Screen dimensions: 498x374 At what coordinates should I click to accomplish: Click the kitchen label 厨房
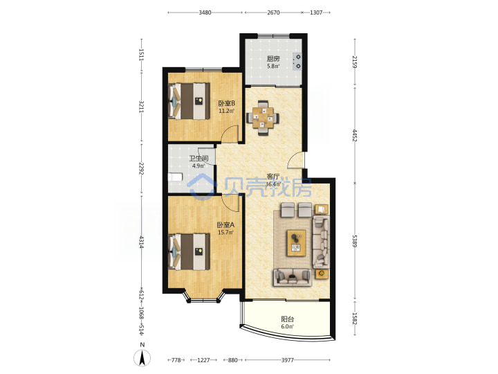273,58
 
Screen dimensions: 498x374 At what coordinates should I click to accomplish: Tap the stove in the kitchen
297,62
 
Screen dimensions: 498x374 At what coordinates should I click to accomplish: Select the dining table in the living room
263,118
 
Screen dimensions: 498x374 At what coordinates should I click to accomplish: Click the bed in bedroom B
190,101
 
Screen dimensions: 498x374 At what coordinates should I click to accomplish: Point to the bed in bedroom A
190,252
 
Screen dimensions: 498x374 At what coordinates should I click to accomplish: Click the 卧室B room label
226,103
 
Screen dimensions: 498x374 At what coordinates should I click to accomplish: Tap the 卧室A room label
225,225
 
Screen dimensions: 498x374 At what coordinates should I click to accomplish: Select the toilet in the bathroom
175,177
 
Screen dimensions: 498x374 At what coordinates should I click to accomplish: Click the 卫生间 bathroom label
199,159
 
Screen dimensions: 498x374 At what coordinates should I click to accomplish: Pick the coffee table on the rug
296,243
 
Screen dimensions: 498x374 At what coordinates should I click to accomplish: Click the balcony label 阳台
288,319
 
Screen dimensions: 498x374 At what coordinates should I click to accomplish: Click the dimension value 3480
205,12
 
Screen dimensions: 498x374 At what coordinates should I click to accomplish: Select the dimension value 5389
355,241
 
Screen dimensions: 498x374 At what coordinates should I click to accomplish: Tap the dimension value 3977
288,360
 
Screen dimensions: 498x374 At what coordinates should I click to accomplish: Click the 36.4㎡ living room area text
273,184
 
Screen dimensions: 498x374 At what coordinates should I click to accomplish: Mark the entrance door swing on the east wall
296,160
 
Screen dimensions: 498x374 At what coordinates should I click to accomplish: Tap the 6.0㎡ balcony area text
288,327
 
